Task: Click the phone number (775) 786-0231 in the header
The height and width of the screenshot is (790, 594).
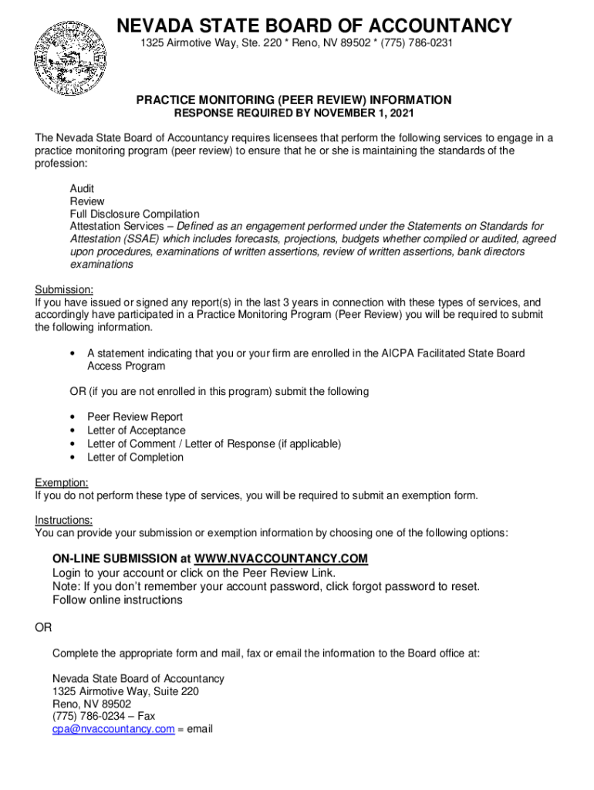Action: [x=414, y=43]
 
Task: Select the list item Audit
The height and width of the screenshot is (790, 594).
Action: [x=83, y=189]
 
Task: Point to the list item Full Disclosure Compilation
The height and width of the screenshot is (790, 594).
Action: [x=135, y=214]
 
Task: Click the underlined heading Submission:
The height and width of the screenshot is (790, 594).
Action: [x=64, y=290]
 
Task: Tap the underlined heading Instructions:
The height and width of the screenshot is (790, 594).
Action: [x=64, y=521]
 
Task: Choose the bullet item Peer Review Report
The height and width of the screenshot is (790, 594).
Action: [x=135, y=417]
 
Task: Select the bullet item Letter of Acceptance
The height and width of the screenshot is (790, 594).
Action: [x=137, y=430]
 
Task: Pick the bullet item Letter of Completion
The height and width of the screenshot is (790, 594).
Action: [x=136, y=457]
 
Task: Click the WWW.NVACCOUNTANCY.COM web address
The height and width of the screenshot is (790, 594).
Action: [x=282, y=559]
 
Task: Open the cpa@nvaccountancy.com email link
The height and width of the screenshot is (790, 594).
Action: [x=113, y=729]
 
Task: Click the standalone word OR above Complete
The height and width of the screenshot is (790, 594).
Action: [x=43, y=628]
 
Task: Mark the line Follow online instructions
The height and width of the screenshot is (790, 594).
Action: [x=117, y=600]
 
